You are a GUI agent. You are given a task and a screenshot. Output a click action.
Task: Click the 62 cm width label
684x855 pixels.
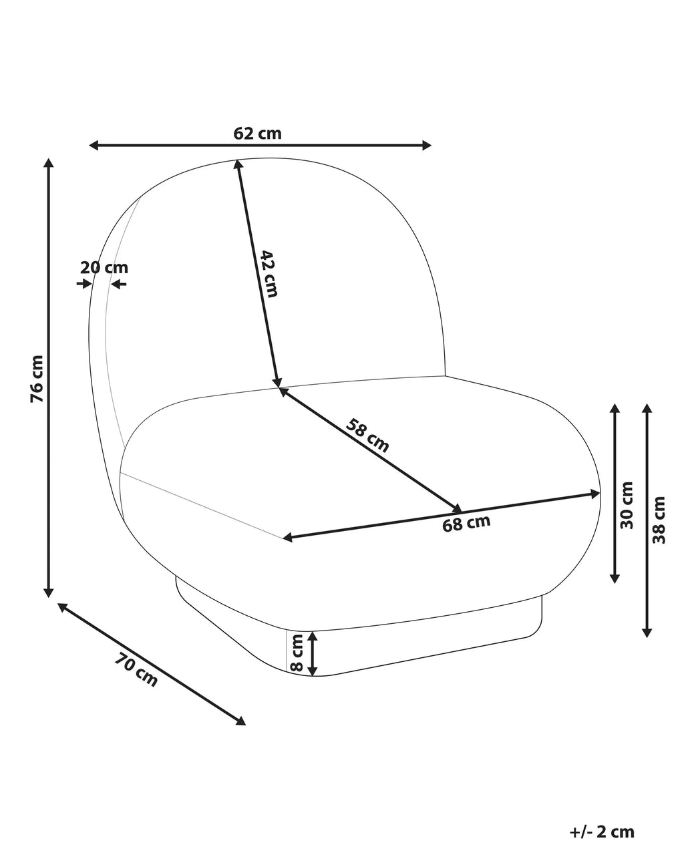[x=257, y=134]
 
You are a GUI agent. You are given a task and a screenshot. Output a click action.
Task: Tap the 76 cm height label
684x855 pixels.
[x=37, y=379]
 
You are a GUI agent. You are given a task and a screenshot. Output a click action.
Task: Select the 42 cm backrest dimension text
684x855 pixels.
[x=269, y=274]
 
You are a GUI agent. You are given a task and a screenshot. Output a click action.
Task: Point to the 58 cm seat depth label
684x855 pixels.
[x=367, y=436]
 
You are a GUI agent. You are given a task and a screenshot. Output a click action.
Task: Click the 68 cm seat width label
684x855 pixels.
[x=466, y=523]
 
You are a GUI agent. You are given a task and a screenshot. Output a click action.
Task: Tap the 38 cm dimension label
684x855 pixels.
[x=659, y=520]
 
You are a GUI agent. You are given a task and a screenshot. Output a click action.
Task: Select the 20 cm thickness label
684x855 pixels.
[x=104, y=267]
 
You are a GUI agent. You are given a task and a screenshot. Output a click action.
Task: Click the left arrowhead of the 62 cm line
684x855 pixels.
[x=94, y=146]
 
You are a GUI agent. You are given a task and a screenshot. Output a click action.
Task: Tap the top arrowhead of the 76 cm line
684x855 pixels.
[x=49, y=163]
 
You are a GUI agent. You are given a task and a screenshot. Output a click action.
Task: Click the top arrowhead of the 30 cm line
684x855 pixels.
[x=615, y=409]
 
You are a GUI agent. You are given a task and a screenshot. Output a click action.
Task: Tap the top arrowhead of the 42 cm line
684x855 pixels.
[x=238, y=164]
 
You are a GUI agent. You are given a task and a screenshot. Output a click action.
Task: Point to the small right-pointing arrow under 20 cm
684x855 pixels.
[x=84, y=284]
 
